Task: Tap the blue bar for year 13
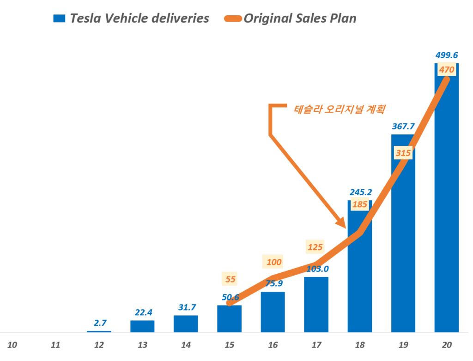coord(142,326)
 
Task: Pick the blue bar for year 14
coord(186,324)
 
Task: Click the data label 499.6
coord(447,55)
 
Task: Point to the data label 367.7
coord(403,126)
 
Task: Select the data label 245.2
coord(360,192)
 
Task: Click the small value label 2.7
coord(99,323)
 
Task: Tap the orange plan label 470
coord(447,70)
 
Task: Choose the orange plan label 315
coord(403,153)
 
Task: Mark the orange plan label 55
coord(230,279)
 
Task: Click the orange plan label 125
coord(315,247)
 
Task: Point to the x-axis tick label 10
coord(12,345)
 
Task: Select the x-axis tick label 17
coord(316,345)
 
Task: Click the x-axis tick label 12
coord(99,345)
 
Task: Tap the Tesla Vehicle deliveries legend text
coord(139,18)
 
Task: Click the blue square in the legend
coord(59,18)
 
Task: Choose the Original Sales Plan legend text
coord(300,18)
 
